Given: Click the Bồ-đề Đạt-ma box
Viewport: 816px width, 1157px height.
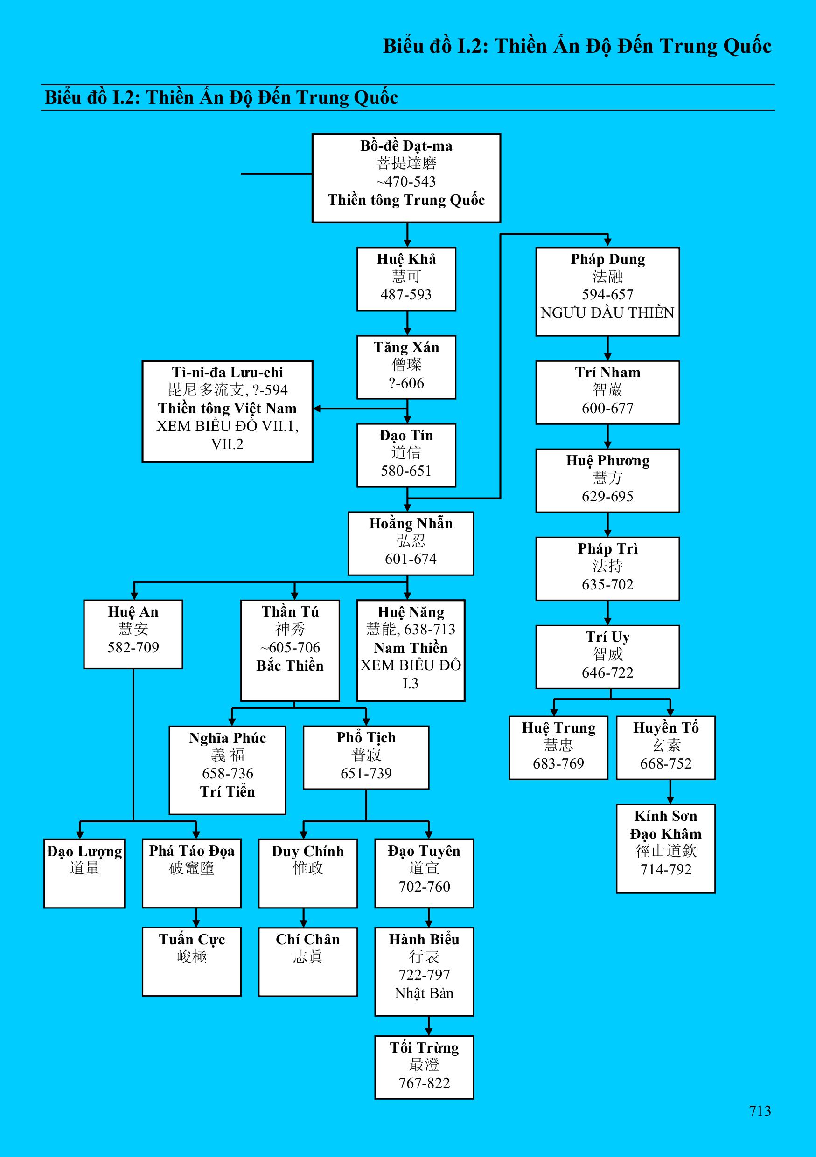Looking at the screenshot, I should tap(406, 178).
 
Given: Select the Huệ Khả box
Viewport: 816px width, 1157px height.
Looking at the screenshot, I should tap(406, 279).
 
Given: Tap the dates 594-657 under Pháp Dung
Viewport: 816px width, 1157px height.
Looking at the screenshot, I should tap(607, 294).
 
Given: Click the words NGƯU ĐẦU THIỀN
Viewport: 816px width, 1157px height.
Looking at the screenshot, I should tap(607, 313).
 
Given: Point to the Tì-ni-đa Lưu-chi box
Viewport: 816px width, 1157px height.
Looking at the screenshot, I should tap(227, 411).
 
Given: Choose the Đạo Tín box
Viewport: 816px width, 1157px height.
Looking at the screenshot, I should tap(406, 455).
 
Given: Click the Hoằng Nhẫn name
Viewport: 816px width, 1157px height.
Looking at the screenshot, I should tap(411, 524).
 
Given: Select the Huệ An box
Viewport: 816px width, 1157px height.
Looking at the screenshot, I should tap(133, 634).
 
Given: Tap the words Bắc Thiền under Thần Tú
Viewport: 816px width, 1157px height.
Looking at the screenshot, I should tap(290, 665).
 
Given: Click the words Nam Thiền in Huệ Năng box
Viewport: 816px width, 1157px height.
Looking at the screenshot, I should tap(410, 648).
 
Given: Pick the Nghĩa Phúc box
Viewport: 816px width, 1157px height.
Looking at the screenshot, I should tap(227, 769).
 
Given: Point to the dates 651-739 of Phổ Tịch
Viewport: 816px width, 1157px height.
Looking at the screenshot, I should tap(366, 773).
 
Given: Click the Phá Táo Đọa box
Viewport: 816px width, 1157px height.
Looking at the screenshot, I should tap(192, 873).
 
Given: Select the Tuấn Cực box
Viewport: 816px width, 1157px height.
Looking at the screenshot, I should tap(192, 962).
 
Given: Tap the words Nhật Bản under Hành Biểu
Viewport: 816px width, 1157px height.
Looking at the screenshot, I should tap(424, 993).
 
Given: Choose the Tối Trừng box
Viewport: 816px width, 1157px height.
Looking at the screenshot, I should tap(424, 1067).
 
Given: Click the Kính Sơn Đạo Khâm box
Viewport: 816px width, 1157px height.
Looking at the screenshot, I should tap(665, 848).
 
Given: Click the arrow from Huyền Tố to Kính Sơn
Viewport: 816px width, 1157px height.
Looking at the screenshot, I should tap(670, 792).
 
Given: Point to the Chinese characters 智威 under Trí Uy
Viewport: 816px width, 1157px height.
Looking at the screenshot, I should tap(607, 655).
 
